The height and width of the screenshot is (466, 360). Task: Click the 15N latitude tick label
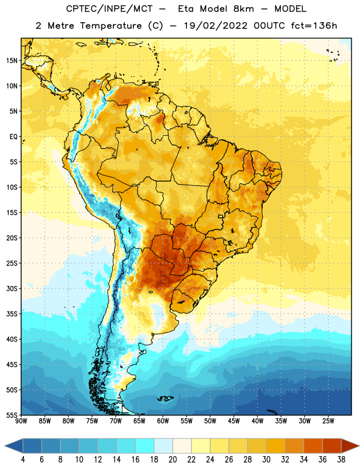tap(12, 61)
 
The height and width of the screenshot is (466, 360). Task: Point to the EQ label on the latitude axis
tap(13, 137)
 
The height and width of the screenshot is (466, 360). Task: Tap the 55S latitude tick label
tap(12, 415)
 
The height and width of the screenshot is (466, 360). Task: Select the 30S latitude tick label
tap(12, 288)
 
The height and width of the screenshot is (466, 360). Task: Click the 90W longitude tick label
tap(21, 421)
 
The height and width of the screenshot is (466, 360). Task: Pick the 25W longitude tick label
tap(328, 421)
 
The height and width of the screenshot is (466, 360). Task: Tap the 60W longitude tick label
tap(163, 421)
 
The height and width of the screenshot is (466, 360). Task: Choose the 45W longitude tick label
tap(234, 421)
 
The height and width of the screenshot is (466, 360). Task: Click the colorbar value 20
tap(172, 460)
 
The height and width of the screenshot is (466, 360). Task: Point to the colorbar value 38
tap(341, 460)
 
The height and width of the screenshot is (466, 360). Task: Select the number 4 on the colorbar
tap(23, 460)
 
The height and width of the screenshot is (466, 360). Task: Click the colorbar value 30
tap(266, 460)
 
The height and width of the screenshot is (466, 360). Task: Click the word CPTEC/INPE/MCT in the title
tap(109, 9)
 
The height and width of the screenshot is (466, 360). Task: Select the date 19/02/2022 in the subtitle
tap(216, 26)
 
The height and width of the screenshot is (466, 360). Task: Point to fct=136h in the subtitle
tap(314, 26)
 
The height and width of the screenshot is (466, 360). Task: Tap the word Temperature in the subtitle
tap(111, 26)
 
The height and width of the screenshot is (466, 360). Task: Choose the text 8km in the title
tap(243, 9)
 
